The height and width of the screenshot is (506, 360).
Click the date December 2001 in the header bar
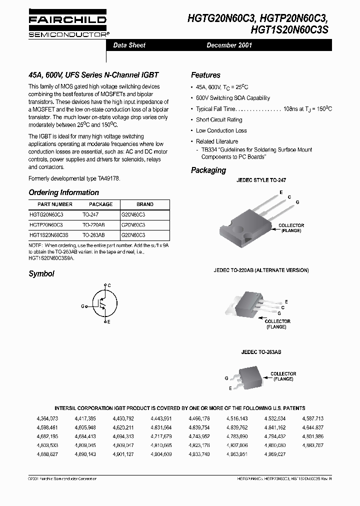pos(229,45)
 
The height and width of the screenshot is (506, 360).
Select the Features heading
pos(205,75)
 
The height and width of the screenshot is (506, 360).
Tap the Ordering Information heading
pos(63,192)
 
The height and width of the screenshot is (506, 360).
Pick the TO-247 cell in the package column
pos(91,214)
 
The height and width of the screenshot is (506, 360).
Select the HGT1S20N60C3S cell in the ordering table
pos(49,234)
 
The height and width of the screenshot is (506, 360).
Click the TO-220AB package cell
pos(93,224)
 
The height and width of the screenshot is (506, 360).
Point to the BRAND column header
pos(144,204)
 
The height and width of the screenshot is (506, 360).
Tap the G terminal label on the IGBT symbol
pos(82,305)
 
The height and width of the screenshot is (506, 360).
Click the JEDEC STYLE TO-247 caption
pos(261,180)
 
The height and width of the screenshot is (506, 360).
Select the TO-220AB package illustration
pos(248,301)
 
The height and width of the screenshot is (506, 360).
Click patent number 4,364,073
pos(47,418)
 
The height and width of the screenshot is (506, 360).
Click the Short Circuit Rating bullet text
pos(219,120)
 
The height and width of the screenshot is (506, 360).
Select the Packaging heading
pos(208,170)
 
